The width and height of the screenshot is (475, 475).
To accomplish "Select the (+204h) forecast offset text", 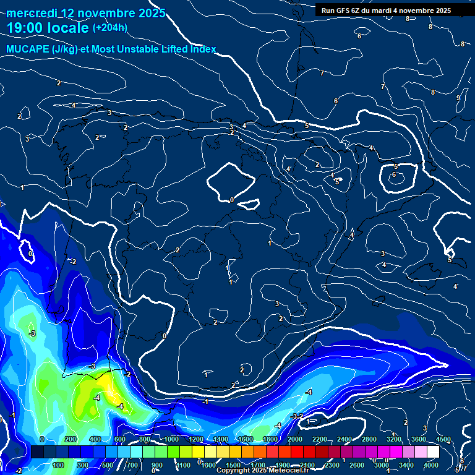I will (110, 27).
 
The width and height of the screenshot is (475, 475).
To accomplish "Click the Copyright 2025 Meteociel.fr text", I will (263, 471).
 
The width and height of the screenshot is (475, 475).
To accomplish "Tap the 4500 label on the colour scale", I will (443, 439).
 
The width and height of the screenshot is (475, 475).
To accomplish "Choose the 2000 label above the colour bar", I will (294, 439).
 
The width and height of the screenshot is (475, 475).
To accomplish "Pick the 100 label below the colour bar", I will (59, 465).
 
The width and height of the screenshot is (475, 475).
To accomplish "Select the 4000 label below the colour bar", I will (432, 465).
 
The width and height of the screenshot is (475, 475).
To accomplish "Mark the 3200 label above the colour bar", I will (393, 439).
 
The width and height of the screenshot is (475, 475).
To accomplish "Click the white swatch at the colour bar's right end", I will (433, 452).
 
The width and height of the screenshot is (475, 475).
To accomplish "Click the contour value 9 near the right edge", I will (458, 98).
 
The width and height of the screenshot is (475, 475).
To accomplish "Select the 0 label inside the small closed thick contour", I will (231, 200).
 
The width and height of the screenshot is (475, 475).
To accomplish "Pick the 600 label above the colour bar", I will (119, 439).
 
